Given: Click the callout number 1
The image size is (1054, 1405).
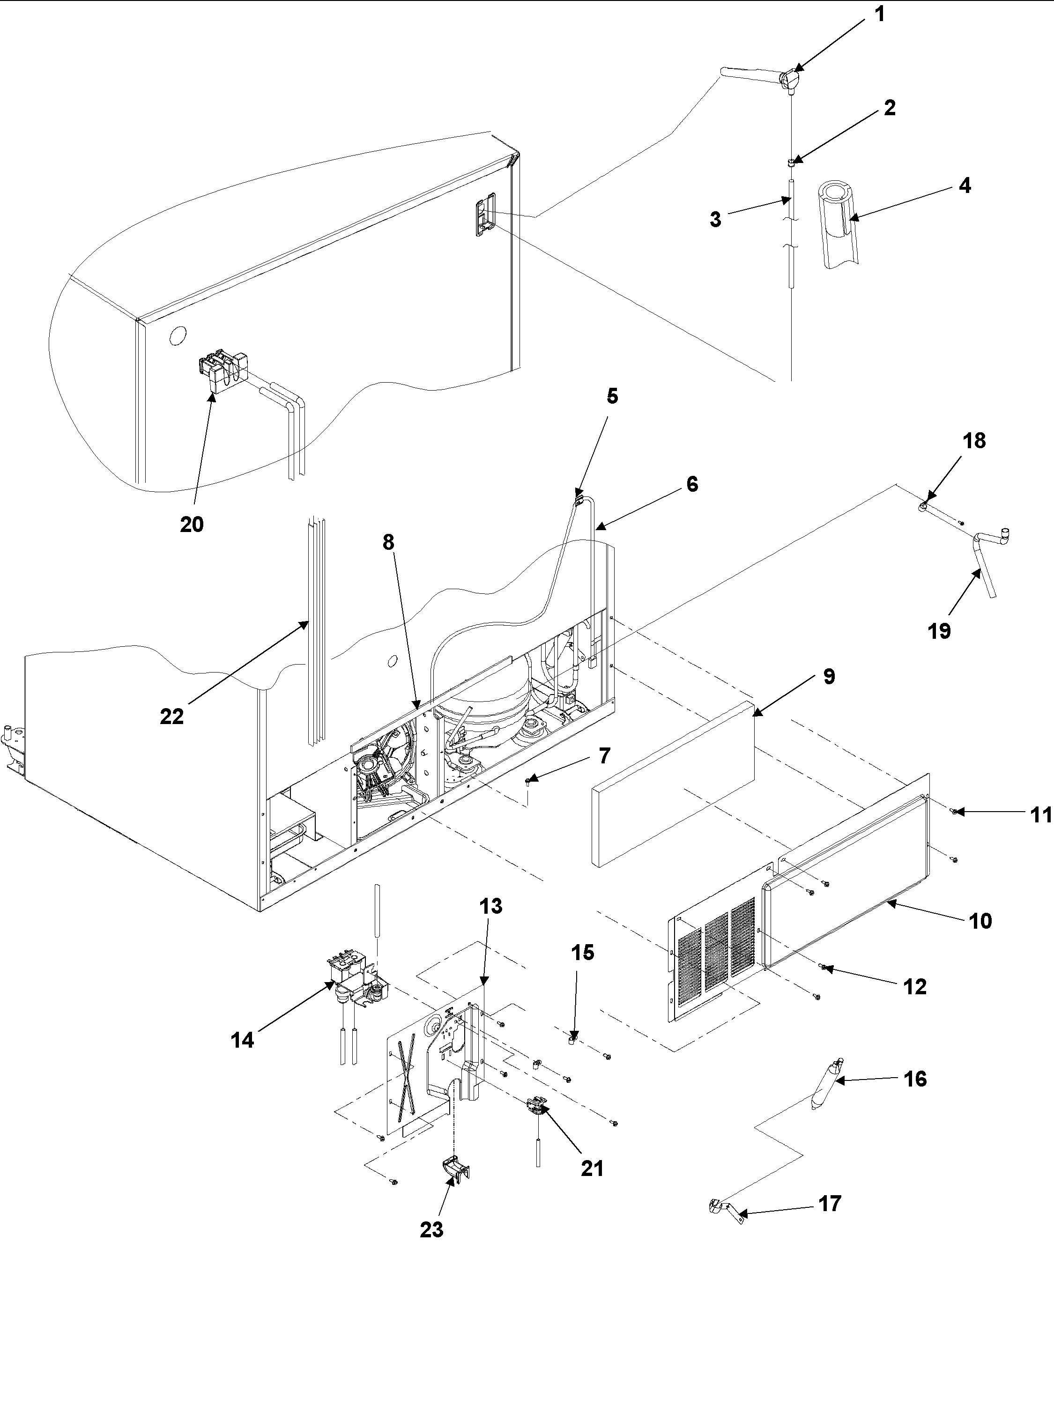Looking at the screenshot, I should point(880,14).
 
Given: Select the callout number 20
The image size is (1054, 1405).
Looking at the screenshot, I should point(191,525).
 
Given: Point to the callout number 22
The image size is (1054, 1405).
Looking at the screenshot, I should point(171,717).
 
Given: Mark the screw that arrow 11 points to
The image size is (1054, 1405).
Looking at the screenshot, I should point(955,811).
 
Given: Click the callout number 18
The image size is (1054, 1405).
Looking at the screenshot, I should point(974,441).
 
